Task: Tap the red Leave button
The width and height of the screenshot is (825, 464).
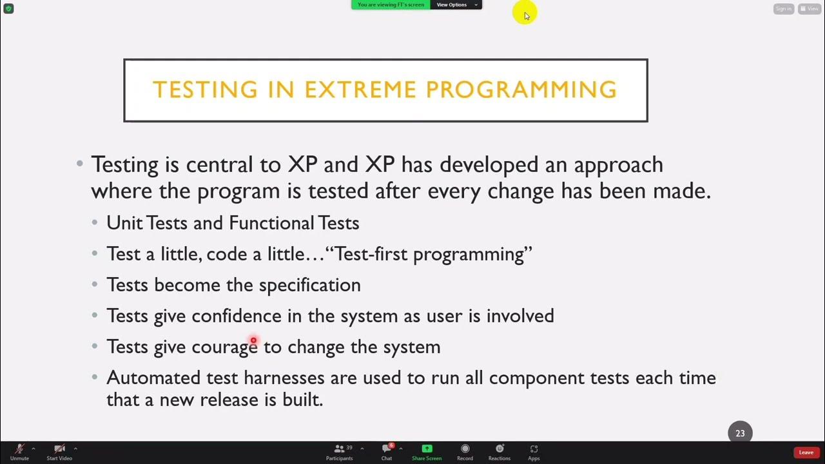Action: [806, 452]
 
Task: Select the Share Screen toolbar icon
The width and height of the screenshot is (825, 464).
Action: [426, 449]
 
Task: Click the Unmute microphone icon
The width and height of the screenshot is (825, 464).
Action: [19, 449]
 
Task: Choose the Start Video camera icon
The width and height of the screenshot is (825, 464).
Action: [59, 449]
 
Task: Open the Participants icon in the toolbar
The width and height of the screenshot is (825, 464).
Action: [339, 449]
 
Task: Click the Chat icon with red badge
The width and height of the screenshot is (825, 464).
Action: [387, 449]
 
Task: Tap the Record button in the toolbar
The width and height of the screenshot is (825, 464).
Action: [465, 449]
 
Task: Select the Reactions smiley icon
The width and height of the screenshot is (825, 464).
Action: [500, 449]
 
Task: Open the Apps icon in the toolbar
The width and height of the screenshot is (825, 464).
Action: [534, 449]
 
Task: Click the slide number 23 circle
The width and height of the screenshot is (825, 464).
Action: [740, 433]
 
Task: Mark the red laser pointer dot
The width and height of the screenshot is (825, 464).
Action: [253, 340]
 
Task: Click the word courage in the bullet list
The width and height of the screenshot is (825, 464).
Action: [224, 347]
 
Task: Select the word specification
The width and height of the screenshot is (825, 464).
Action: [309, 285]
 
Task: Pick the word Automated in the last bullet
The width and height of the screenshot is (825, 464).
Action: [153, 377]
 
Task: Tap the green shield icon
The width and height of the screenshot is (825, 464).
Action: [8, 8]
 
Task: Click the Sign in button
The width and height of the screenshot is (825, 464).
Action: [783, 8]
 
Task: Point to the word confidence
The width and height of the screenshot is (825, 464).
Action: [237, 316]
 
